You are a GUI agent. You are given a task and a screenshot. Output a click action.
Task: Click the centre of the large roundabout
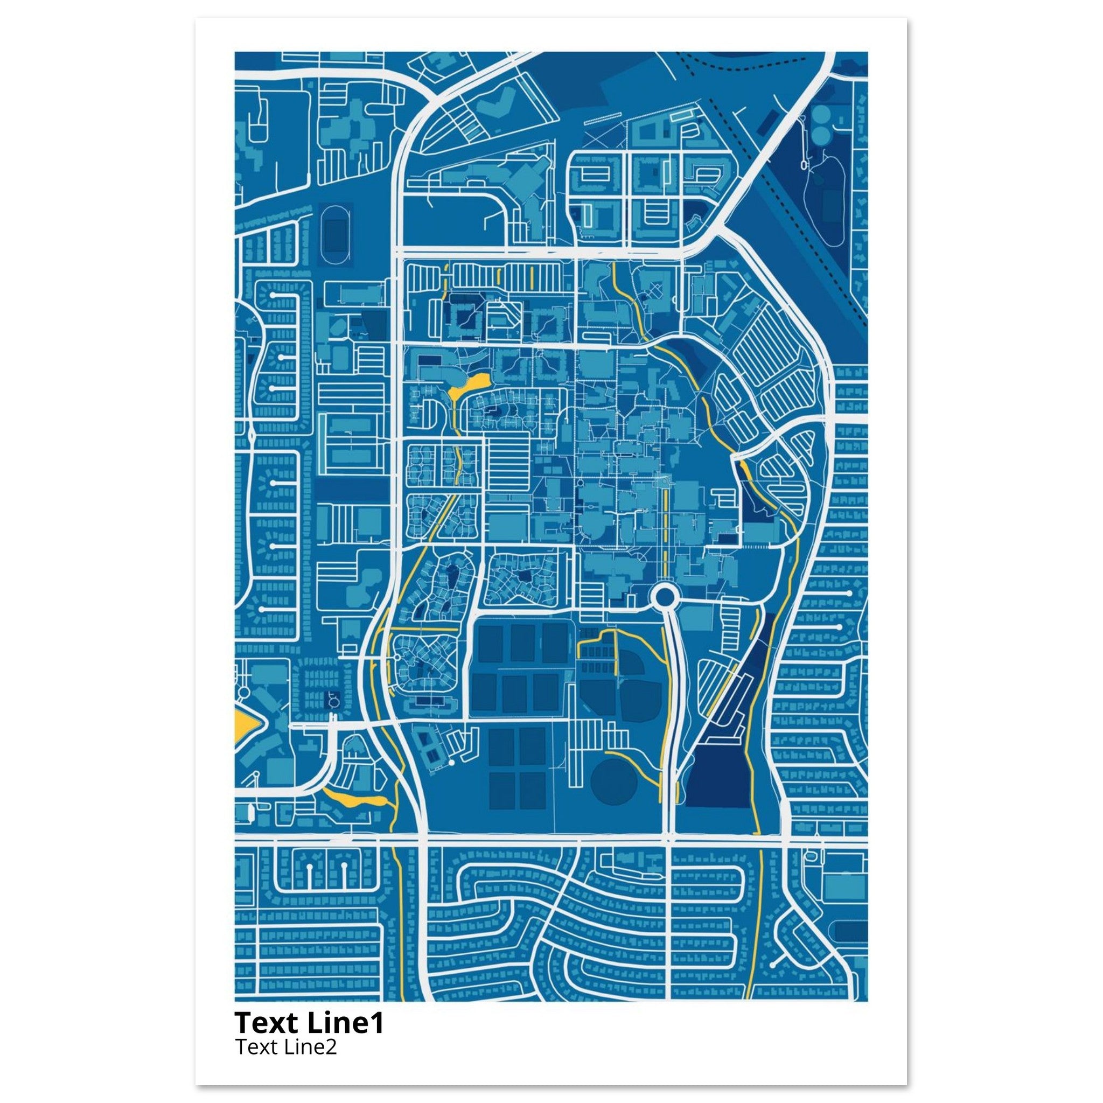(x=664, y=598)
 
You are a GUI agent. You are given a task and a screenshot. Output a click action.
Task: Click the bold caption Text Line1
(x=309, y=1023)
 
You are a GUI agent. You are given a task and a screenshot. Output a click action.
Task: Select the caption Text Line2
(x=285, y=1046)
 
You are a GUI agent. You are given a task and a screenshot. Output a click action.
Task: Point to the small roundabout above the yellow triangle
(x=244, y=692)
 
